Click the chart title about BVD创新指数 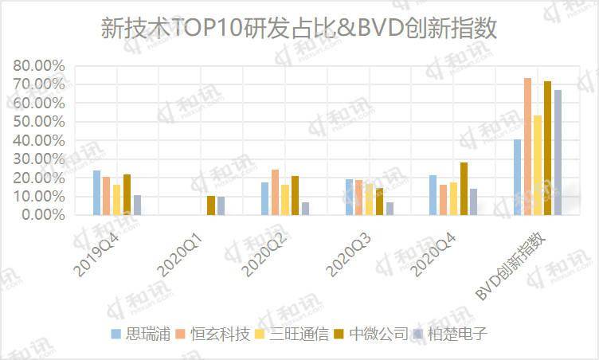tap(299, 29)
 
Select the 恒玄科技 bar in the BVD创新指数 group tap(527, 147)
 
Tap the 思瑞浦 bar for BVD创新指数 tap(518, 177)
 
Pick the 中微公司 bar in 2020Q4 tap(463, 189)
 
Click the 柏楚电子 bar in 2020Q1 tap(221, 205)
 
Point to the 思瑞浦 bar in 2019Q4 tap(96, 193)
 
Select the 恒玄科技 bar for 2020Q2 tap(275, 192)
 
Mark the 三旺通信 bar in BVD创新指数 tap(538, 165)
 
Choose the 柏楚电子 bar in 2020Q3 tap(390, 209)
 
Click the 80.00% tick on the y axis tap(38, 65)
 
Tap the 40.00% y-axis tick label tap(38, 140)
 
